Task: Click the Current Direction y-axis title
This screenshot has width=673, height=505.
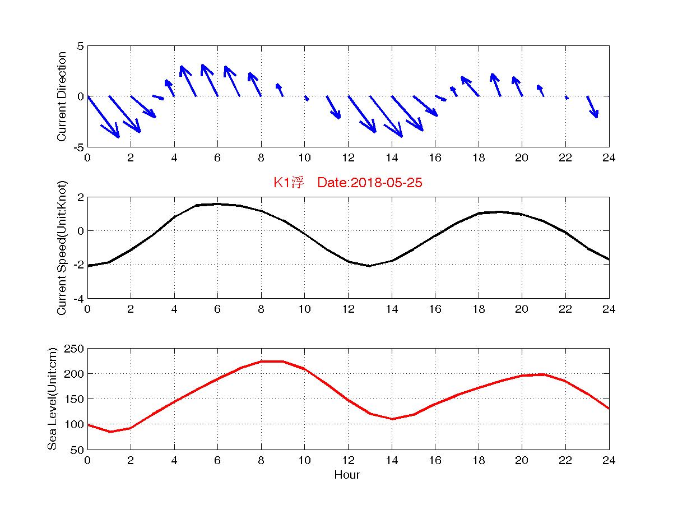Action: [x=62, y=96]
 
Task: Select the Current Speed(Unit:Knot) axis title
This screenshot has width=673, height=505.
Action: [x=62, y=248]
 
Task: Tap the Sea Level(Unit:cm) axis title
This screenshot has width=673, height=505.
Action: [x=53, y=399]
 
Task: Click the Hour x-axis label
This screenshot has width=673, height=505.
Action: [x=347, y=475]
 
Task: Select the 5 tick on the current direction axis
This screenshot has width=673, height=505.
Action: [x=81, y=46]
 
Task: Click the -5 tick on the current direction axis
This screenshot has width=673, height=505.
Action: [x=78, y=147]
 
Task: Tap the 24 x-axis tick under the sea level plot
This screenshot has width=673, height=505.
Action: [x=609, y=461]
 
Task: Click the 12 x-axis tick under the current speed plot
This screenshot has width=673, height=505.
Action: [x=348, y=309]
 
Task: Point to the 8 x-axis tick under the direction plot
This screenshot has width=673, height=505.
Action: [x=261, y=157]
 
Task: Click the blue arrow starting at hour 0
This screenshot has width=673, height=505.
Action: [x=103, y=117]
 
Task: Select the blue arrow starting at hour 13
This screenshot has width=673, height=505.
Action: [x=386, y=117]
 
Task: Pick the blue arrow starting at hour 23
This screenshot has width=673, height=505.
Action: [x=592, y=107]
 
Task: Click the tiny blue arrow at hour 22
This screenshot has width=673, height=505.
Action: [x=567, y=98]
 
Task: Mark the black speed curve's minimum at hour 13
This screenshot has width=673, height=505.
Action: [x=370, y=266]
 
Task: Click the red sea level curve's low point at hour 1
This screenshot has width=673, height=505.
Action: [x=109, y=432]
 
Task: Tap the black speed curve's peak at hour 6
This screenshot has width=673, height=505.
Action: [x=217, y=204]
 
